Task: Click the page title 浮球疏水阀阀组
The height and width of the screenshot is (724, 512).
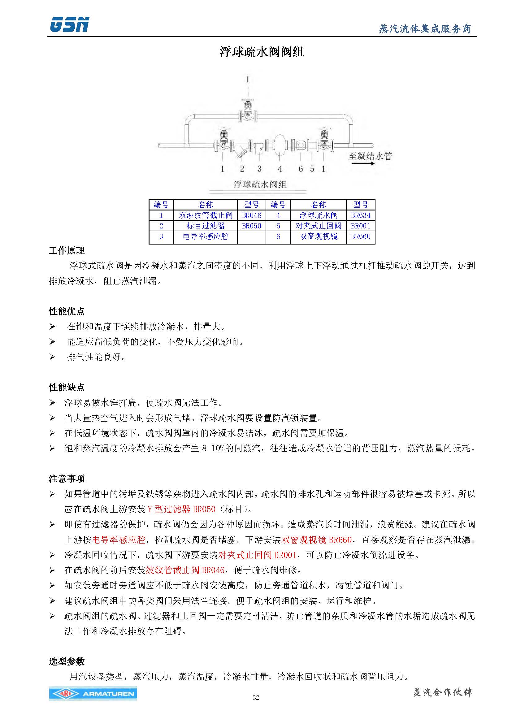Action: coord(261,52)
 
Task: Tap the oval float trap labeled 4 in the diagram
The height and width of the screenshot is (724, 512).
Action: coord(279,145)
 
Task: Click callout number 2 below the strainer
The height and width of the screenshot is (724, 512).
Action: coord(242,169)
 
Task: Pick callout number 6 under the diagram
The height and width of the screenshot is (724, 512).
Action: coord(301,169)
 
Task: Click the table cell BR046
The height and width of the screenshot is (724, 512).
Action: coord(251,215)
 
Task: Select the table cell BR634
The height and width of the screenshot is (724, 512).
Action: coord(360,215)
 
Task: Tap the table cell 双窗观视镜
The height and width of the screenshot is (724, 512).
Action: coord(318,236)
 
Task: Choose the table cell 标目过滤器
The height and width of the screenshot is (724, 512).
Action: coord(205,226)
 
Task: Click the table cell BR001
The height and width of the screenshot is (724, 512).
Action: coord(360,226)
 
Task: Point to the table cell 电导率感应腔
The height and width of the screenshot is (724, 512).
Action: coord(205,236)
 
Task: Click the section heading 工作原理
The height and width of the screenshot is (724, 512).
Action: coord(67,251)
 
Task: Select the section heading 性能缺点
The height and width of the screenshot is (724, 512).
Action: coord(67,387)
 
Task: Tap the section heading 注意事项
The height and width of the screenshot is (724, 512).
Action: coord(67,479)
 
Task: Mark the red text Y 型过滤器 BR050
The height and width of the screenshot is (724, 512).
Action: coord(181,509)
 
